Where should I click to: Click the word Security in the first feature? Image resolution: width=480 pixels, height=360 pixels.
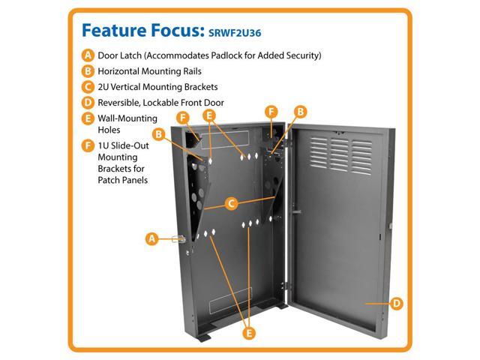[303, 56]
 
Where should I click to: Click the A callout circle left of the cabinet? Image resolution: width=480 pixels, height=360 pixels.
[151, 239]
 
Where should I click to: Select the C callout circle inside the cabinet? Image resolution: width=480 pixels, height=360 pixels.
[232, 202]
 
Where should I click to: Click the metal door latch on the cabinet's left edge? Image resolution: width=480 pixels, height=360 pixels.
[178, 239]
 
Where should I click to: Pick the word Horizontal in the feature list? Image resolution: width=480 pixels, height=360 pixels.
[123, 72]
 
